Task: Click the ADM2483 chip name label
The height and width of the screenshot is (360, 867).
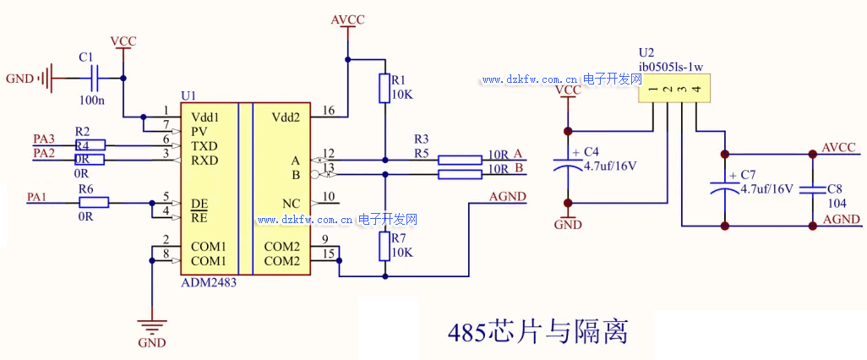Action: click(x=209, y=283)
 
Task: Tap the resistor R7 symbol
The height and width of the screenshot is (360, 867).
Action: click(x=385, y=246)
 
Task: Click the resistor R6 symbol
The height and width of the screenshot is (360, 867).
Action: click(x=94, y=202)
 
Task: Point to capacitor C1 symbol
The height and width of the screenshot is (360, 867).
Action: click(x=94, y=79)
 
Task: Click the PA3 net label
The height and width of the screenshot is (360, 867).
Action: click(x=44, y=139)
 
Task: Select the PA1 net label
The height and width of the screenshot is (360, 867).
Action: click(x=36, y=196)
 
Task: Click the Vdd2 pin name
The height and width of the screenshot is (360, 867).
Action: click(x=286, y=117)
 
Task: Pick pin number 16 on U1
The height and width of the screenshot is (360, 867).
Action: click(x=329, y=111)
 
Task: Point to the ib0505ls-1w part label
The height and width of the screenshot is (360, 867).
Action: click(x=671, y=66)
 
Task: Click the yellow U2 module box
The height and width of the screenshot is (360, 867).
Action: click(x=673, y=88)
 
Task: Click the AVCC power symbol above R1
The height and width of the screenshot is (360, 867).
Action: click(x=346, y=23)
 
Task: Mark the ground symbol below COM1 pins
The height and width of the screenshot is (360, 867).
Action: click(x=152, y=327)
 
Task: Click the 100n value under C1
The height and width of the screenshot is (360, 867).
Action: click(x=92, y=101)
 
